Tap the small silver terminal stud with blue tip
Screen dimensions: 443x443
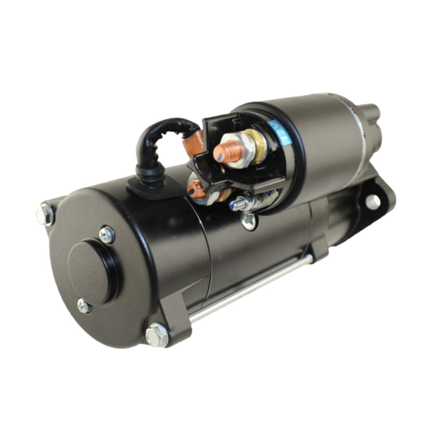[237, 203]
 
